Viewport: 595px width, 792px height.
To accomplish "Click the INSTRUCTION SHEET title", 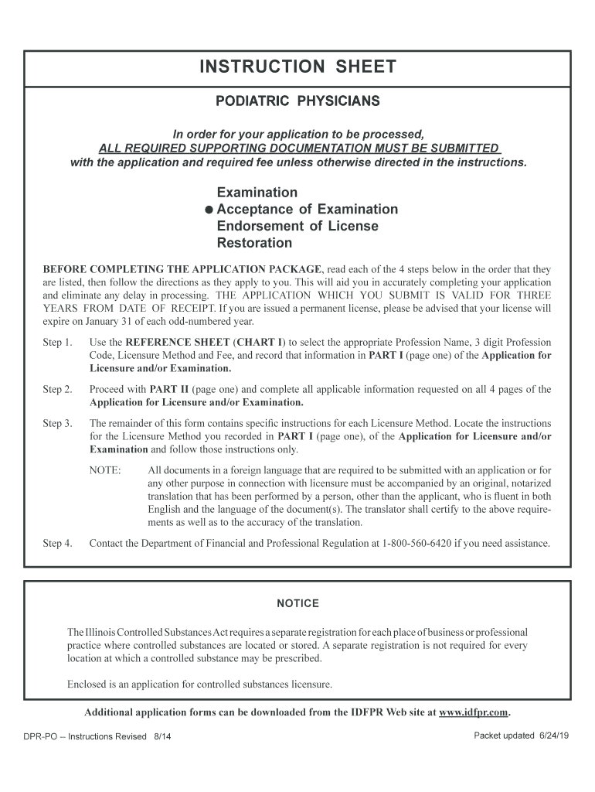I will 297,67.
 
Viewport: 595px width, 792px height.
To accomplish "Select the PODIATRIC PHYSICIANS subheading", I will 297,101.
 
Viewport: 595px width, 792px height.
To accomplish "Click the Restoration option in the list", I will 254,244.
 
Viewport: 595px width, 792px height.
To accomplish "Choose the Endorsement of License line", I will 297,227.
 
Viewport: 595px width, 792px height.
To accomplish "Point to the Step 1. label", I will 57,342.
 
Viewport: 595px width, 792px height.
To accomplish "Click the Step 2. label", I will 57,389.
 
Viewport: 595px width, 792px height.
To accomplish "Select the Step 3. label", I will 57,423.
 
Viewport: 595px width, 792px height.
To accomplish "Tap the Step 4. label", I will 57,543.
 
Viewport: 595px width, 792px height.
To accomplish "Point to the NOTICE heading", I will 297,603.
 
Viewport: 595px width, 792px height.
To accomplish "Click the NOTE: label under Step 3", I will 105,469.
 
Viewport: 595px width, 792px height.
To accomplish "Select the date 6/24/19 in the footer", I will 552,736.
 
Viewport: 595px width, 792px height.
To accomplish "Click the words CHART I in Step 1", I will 260,342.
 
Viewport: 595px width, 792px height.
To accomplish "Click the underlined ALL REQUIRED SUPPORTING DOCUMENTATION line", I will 298,148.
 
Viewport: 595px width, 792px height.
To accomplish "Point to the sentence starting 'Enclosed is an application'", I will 199,684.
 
